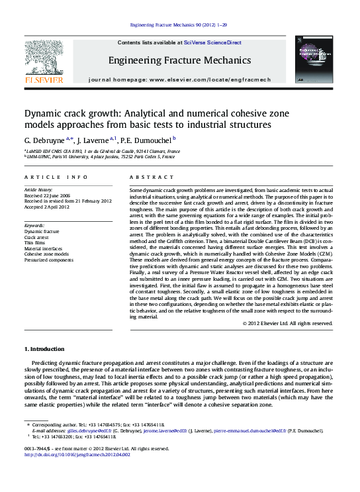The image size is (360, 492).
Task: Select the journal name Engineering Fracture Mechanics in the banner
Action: [180, 60]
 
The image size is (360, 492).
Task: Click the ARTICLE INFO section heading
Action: [56, 177]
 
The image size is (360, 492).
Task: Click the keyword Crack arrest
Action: [39, 237]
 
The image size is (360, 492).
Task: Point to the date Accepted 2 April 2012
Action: [50, 207]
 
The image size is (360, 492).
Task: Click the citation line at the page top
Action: [180, 25]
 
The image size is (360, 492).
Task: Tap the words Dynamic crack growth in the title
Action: [69, 113]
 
